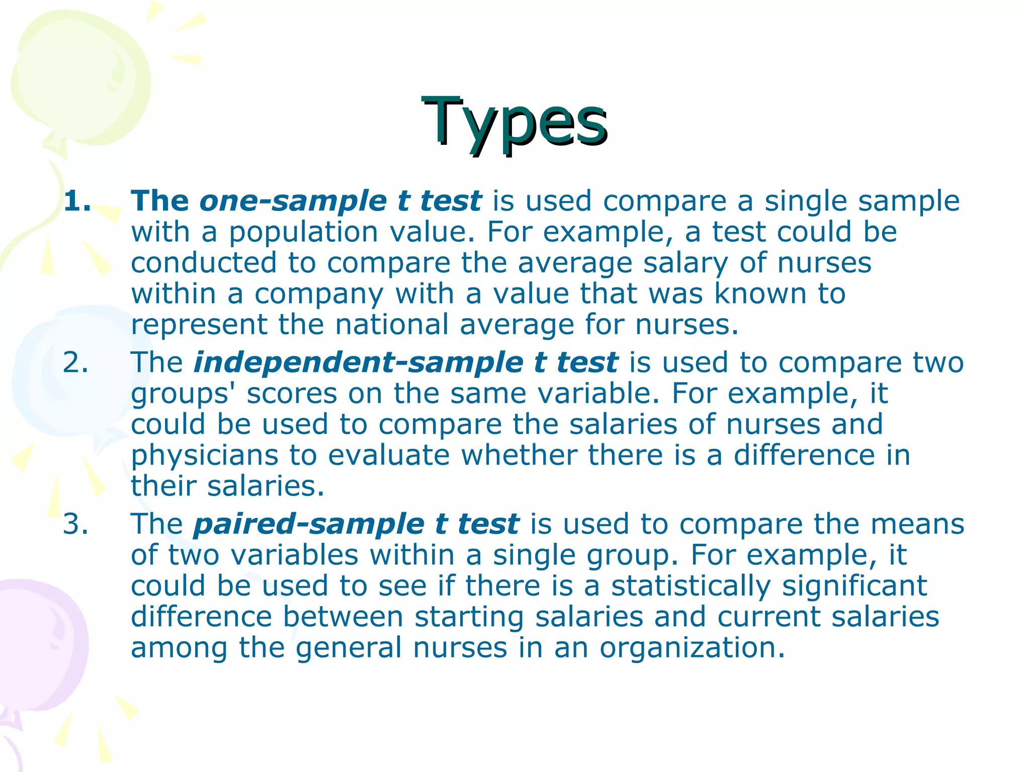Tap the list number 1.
click(x=77, y=201)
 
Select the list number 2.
click(x=75, y=362)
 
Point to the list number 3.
click(x=75, y=524)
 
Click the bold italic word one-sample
click(x=293, y=201)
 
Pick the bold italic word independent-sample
click(x=358, y=362)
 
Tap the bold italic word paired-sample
click(x=309, y=524)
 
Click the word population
click(x=303, y=233)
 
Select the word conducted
click(x=204, y=263)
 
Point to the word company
click(x=319, y=295)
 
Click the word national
click(x=392, y=325)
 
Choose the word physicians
click(x=204, y=456)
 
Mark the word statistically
click(x=691, y=587)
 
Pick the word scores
click(x=292, y=394)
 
